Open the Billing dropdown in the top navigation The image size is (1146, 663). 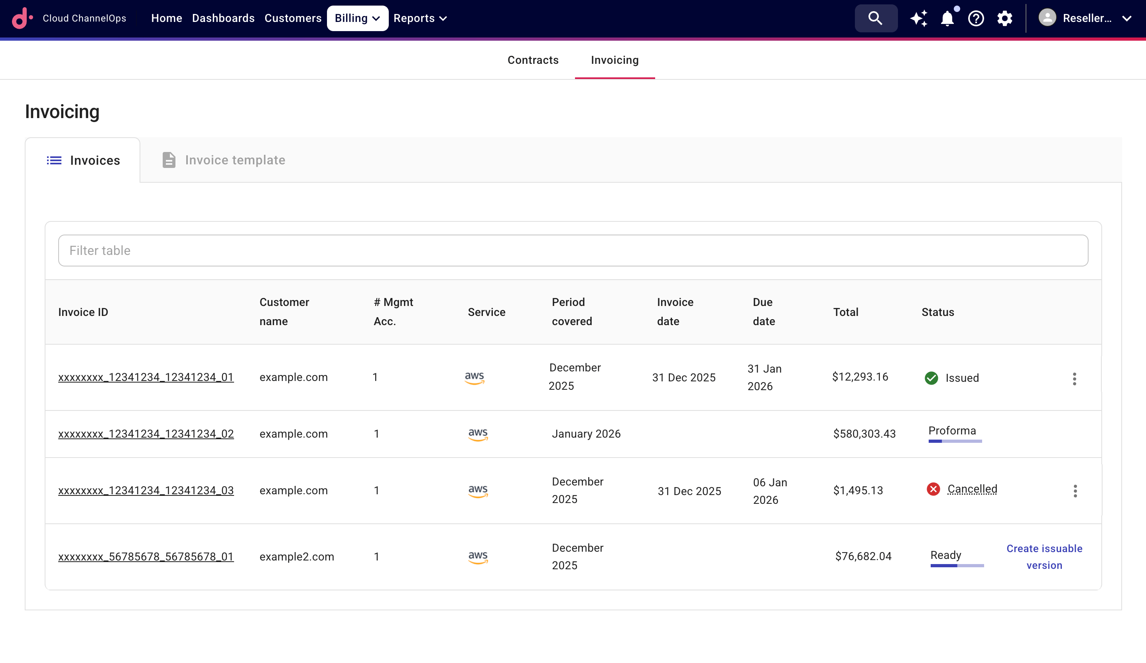(x=357, y=18)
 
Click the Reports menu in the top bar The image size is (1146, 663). (x=420, y=18)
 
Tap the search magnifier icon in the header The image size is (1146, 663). (x=875, y=18)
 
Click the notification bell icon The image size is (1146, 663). (x=947, y=19)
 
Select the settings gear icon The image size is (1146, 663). (x=1004, y=19)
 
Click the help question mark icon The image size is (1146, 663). (x=976, y=19)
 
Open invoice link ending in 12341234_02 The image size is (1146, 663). (x=146, y=434)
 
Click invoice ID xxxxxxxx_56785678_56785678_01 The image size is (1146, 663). (x=146, y=556)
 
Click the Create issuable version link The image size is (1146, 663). (x=1044, y=556)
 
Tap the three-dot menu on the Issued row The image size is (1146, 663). (x=1074, y=379)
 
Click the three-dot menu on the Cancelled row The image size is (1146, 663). (x=1075, y=491)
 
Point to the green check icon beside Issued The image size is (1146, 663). (x=931, y=378)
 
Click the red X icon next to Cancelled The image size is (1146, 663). (x=933, y=489)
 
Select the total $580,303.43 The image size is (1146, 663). (x=864, y=434)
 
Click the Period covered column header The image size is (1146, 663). (x=572, y=312)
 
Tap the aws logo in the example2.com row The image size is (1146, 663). (x=478, y=556)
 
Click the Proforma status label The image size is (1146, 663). (x=952, y=431)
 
